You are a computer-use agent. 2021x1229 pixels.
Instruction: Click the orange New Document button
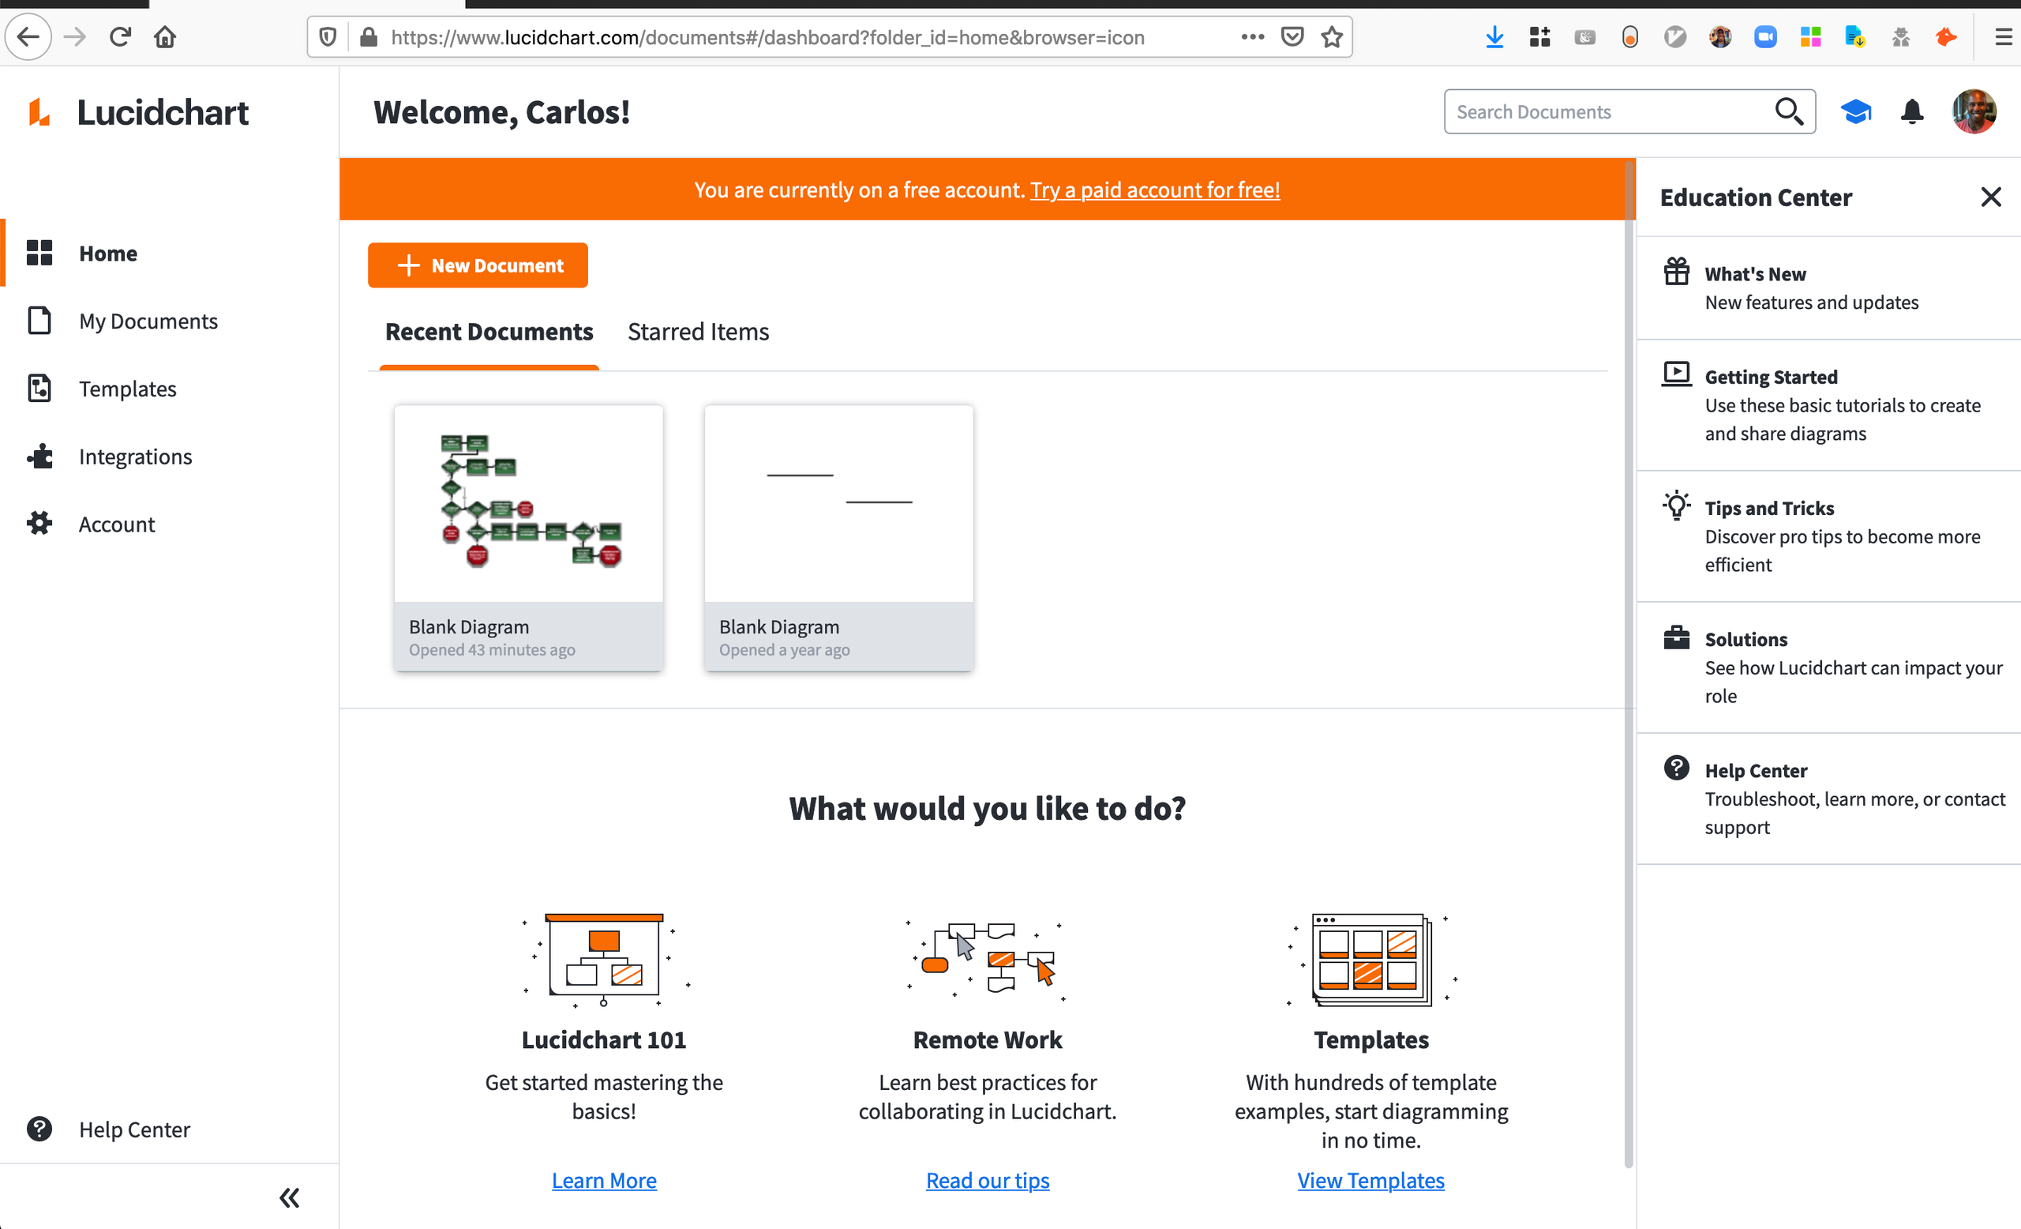click(x=478, y=265)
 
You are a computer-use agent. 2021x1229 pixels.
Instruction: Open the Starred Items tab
click(x=698, y=332)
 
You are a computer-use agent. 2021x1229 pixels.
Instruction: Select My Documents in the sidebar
click(x=148, y=321)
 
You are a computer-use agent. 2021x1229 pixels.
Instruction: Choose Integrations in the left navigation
click(x=135, y=457)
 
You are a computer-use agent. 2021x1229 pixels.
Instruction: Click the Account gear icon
click(x=39, y=524)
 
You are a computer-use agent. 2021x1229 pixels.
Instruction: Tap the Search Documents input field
click(x=1607, y=111)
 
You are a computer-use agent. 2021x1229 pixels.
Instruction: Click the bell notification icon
click(x=1911, y=111)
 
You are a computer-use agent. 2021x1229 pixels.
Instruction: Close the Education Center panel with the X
click(x=1991, y=197)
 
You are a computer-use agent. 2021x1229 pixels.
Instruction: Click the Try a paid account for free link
click(x=1155, y=190)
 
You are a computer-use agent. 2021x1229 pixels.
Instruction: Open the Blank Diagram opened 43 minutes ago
click(x=528, y=537)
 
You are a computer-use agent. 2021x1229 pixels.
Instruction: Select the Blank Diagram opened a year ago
click(x=838, y=537)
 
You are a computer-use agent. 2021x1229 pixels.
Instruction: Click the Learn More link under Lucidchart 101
click(x=604, y=1180)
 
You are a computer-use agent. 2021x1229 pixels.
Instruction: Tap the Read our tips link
click(x=988, y=1180)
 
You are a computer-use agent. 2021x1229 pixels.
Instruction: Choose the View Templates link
click(x=1370, y=1180)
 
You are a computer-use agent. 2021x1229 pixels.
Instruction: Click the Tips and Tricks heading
click(x=1769, y=508)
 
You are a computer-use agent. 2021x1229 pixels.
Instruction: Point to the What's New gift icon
click(x=1677, y=271)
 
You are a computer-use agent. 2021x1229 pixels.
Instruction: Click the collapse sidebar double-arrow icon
click(x=290, y=1198)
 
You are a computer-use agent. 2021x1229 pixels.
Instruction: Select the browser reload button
click(x=121, y=37)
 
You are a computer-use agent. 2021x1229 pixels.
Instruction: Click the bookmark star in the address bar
click(x=1332, y=37)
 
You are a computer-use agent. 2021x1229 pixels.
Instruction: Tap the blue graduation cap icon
click(x=1856, y=111)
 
